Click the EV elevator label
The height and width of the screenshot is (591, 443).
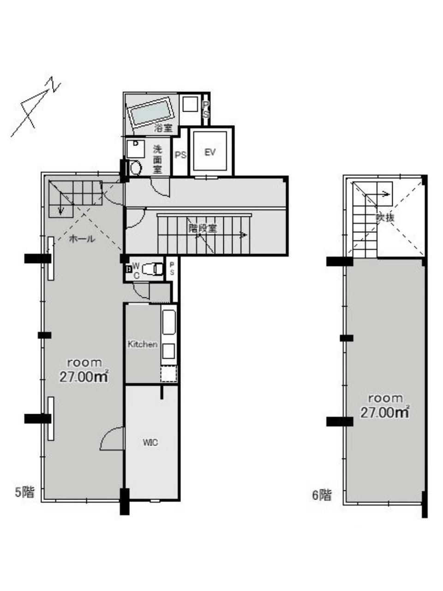210,152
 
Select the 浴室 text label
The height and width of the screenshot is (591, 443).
163,128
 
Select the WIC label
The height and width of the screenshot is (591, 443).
150,443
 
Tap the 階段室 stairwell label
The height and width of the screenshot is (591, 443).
202,229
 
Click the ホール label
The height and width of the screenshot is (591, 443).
82,238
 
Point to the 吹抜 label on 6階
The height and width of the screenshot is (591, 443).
385,217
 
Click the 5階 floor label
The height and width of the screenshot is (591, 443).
25,492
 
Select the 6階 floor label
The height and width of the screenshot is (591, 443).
322,495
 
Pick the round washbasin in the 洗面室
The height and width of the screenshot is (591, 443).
136,168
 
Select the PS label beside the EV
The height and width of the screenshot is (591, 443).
180,155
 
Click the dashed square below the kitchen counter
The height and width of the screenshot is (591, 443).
169,374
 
